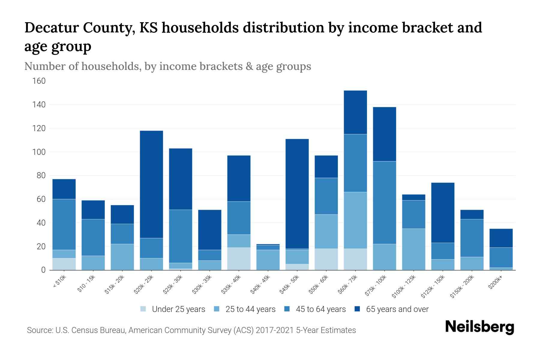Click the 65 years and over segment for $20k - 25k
[x=151, y=184]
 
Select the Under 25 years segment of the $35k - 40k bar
[x=239, y=259]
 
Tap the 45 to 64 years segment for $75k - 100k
[x=384, y=202]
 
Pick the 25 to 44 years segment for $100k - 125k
[x=413, y=249]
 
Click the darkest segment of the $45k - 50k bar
[x=297, y=193]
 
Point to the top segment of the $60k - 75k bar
[x=355, y=112]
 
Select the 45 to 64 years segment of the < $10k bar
[x=64, y=224]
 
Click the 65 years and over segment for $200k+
[x=501, y=238]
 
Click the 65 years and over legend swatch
[x=357, y=309]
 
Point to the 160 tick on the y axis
[x=39, y=81]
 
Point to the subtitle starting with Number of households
[x=167, y=66]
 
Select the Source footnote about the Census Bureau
[x=191, y=330]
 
